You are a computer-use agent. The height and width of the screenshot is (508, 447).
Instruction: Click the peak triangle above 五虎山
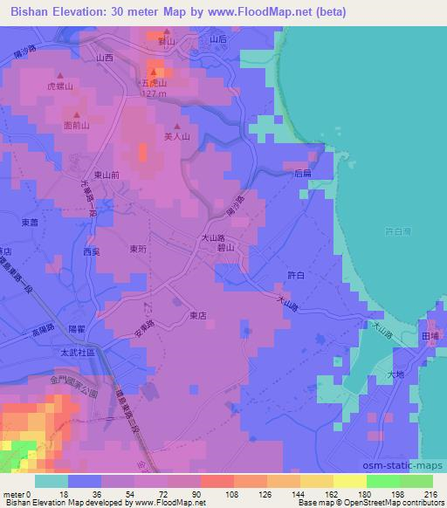(154, 72)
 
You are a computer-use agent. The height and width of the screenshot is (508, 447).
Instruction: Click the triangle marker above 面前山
(77, 114)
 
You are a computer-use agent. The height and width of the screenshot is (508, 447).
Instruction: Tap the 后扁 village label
(303, 174)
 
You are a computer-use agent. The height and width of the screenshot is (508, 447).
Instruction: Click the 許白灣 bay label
(397, 231)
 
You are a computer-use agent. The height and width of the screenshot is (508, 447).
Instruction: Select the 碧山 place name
(226, 248)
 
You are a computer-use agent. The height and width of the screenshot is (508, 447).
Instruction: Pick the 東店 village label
(198, 317)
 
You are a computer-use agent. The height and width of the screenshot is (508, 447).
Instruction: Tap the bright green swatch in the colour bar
(382, 481)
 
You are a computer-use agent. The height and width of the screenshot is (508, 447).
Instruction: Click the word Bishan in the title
(28, 11)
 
